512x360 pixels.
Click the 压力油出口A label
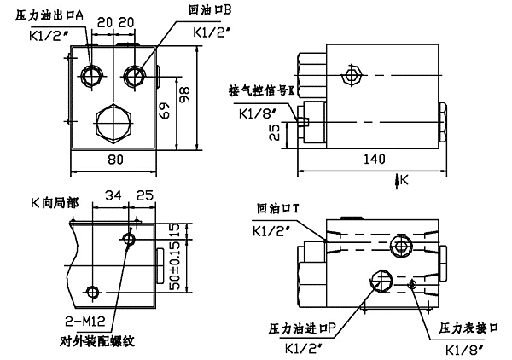click(x=49, y=15)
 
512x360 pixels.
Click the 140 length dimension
click(x=371, y=159)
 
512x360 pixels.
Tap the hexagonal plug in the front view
click(x=111, y=119)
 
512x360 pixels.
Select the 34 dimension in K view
click(x=113, y=198)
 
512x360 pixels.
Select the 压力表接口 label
click(x=465, y=328)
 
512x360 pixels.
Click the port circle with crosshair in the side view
click(x=349, y=76)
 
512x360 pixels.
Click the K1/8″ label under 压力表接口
click(x=465, y=348)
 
